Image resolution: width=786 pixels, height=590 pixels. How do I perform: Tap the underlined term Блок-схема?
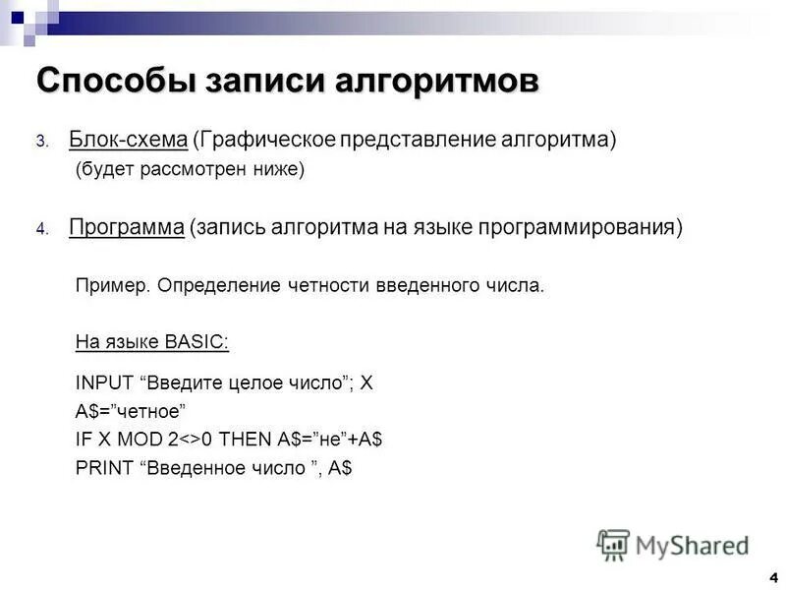(128, 140)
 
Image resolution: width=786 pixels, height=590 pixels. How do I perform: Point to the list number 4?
(42, 229)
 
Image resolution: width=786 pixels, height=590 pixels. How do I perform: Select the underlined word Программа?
(127, 227)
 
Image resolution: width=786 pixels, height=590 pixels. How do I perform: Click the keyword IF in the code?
(82, 440)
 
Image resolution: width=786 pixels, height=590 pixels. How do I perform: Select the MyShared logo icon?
(614, 544)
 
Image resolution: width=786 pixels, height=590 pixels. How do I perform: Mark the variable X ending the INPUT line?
(366, 383)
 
